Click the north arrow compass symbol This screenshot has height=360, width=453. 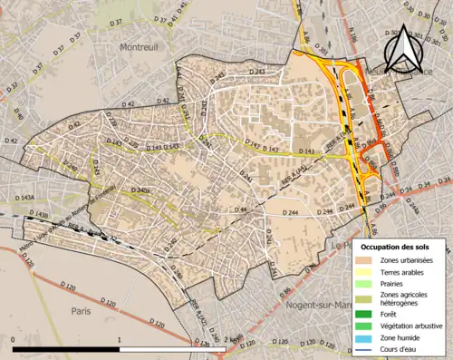pyautogui.click(x=402, y=52)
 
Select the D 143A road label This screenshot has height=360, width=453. pyautogui.click(x=24, y=197)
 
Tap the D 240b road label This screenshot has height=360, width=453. pyautogui.click(x=140, y=190)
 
